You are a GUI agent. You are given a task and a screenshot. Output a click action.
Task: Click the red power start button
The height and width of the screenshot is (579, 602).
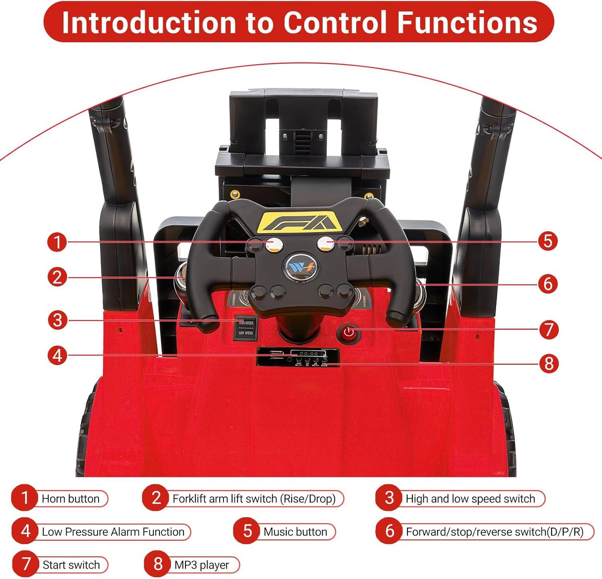point(349,333)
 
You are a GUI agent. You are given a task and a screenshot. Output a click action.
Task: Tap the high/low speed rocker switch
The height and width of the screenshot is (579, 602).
point(245,328)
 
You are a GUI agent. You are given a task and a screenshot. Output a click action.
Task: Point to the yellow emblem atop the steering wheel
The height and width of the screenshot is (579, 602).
point(301,222)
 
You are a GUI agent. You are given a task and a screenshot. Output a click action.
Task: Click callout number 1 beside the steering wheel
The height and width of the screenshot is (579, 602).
point(57,242)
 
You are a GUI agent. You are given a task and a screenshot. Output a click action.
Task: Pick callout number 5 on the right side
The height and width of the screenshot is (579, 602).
point(548,241)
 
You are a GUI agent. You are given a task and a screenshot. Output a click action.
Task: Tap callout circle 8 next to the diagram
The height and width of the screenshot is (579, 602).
point(549,364)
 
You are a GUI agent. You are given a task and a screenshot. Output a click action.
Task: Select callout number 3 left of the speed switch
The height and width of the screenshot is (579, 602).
point(57,320)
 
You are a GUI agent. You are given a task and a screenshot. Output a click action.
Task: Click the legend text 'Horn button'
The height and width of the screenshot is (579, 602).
point(71,499)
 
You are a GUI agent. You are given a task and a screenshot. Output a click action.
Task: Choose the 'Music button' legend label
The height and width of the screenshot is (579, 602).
point(295,532)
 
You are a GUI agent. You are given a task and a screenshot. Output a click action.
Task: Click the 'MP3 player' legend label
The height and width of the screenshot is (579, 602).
point(201,565)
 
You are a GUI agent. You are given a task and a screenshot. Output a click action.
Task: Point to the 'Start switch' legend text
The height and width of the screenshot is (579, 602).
point(71,565)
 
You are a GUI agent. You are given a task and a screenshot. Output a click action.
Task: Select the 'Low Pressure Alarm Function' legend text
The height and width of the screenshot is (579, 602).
point(113,532)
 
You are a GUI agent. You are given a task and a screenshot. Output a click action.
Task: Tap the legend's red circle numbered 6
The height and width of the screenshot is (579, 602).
point(389,531)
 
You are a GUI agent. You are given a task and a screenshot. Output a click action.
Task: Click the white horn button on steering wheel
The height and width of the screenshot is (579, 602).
point(273,244)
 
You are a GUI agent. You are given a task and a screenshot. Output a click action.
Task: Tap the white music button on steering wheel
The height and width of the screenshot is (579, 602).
point(325,244)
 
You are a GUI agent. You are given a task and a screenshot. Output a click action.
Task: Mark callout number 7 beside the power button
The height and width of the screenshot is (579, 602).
point(549,330)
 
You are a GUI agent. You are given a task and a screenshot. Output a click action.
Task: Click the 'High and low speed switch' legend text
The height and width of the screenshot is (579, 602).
point(470,499)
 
